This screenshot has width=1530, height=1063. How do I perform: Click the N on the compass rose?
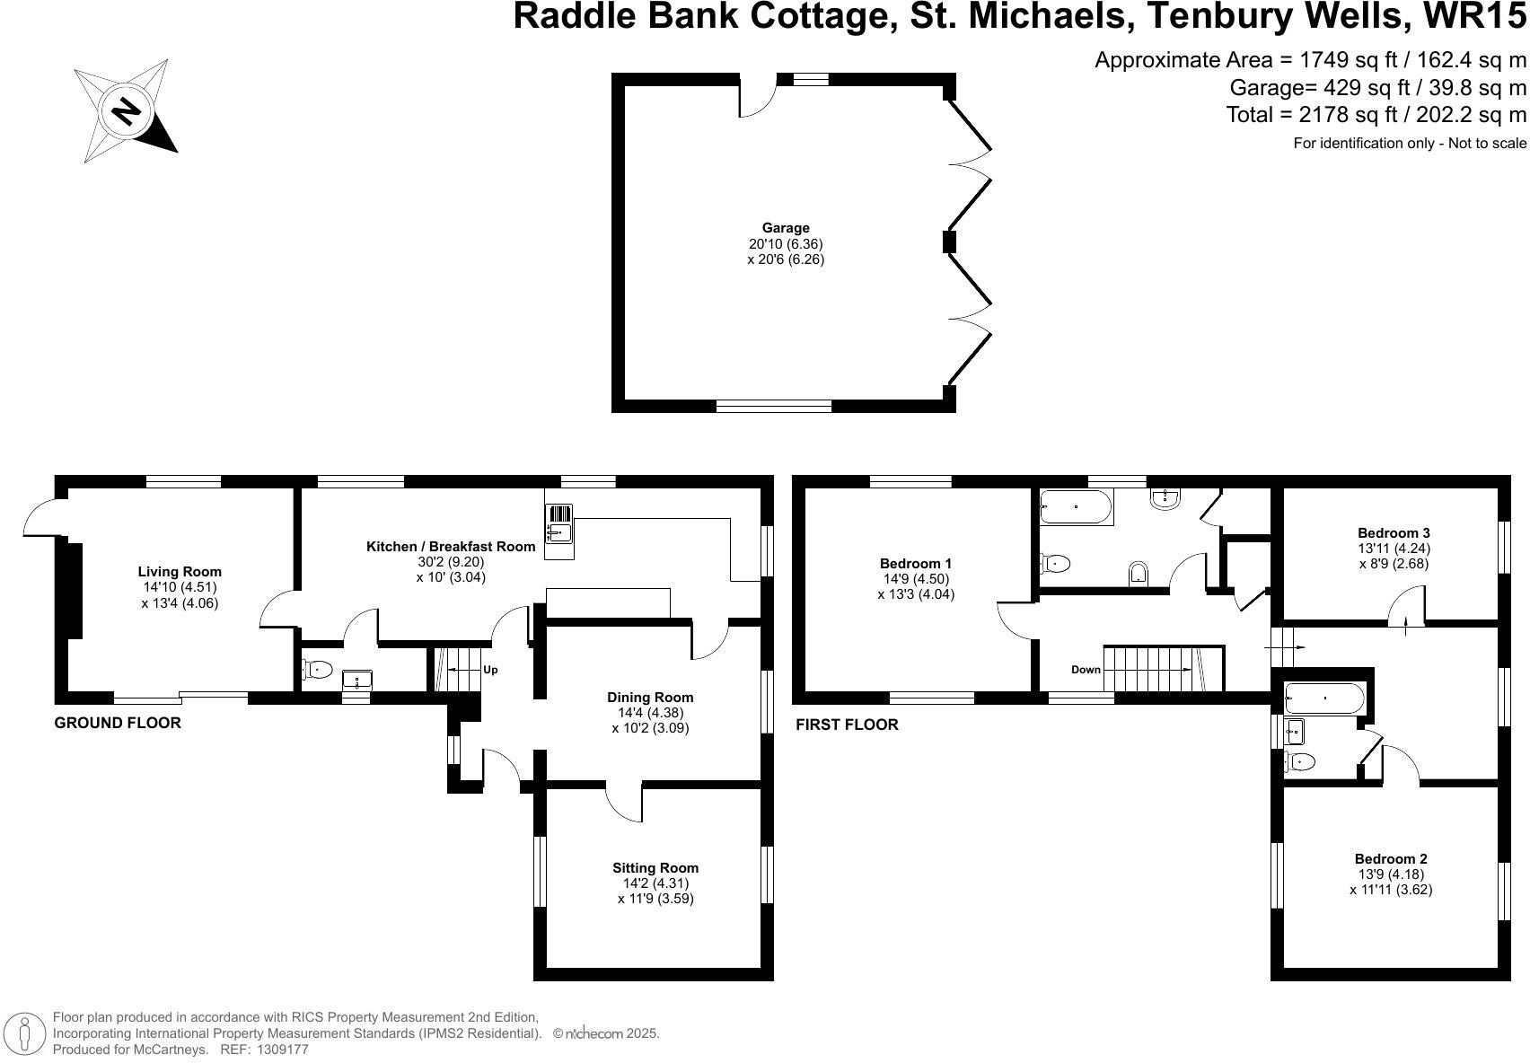125,110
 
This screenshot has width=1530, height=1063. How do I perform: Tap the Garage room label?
786,228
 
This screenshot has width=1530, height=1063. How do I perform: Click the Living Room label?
180,572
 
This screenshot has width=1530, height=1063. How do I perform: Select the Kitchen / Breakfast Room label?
451,547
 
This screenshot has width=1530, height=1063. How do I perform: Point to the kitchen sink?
559,531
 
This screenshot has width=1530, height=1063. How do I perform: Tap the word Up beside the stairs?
490,670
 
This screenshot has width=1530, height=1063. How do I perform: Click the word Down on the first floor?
1086,670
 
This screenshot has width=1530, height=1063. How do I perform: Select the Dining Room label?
650,698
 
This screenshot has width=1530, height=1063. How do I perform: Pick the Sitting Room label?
655,868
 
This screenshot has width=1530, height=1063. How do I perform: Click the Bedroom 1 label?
916,564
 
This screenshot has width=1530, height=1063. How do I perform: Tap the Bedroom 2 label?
1392,858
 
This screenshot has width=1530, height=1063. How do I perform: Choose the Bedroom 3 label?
1394,533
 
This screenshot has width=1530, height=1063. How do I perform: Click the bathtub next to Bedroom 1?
1077,507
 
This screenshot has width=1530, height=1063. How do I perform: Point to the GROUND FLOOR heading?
118,723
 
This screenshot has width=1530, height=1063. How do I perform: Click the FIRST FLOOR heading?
847,725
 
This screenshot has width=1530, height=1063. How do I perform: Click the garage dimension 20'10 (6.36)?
787,244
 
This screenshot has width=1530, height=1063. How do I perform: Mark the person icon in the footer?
25,1033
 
